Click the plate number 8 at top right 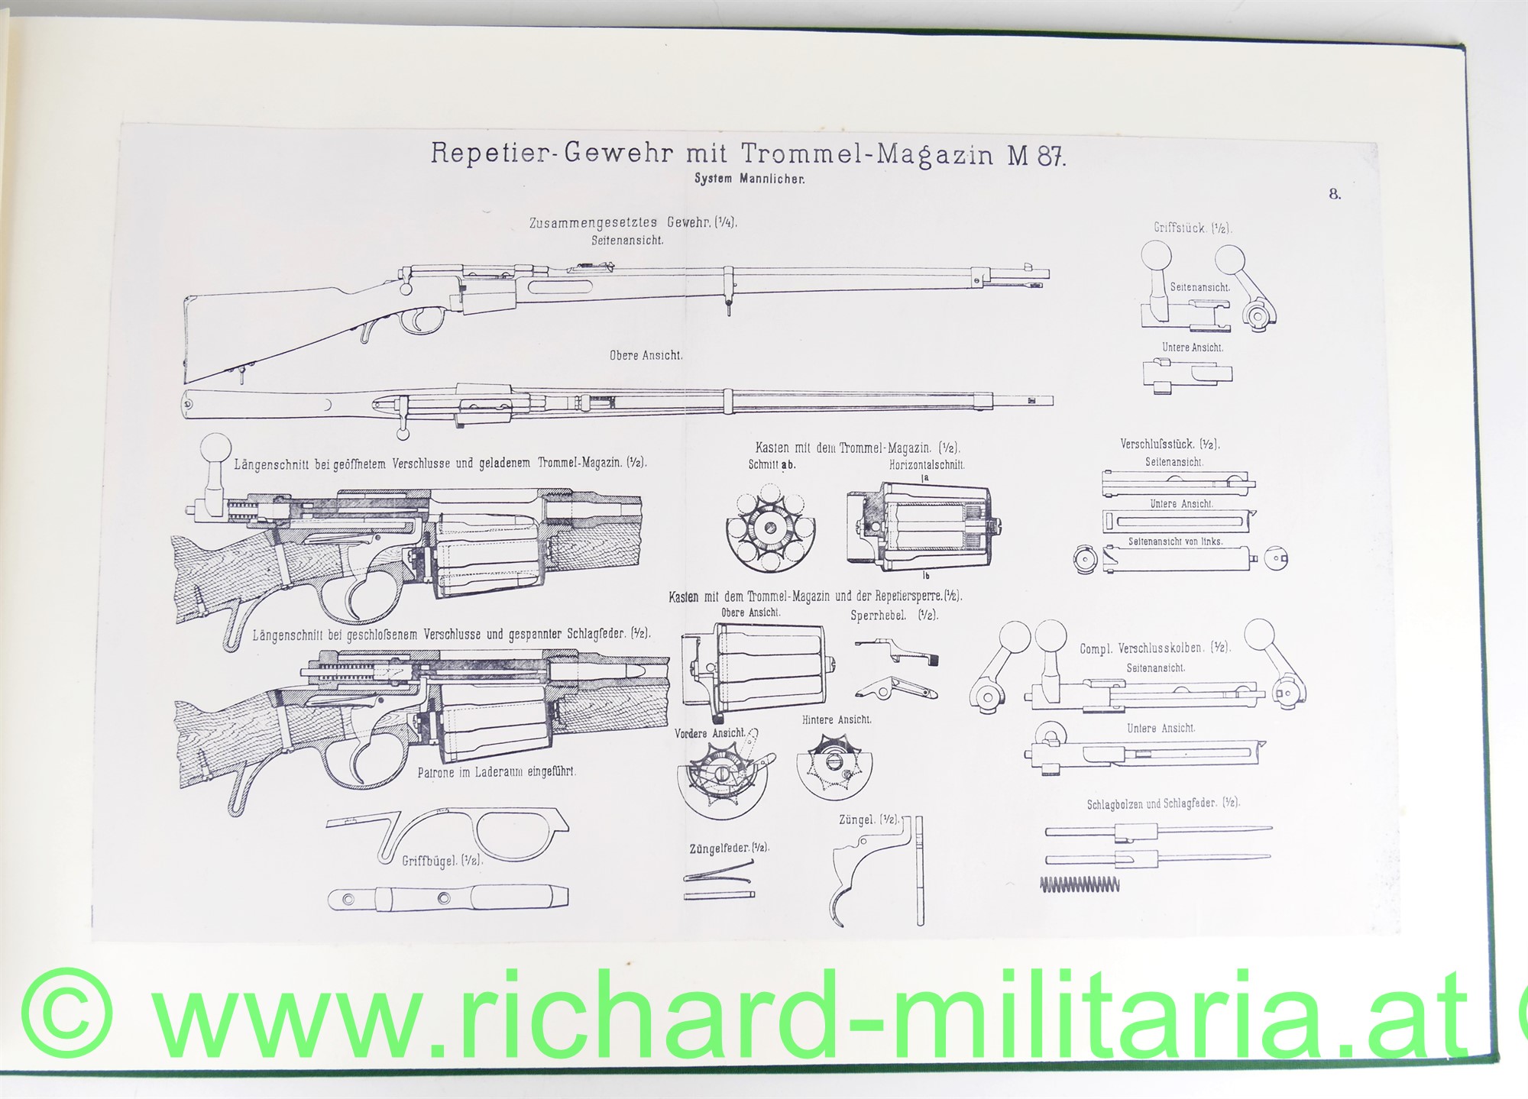point(1334,194)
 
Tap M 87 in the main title point(1035,155)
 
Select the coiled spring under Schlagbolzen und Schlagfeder point(1080,884)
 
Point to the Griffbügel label point(442,861)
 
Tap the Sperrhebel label point(894,616)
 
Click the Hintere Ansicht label point(837,719)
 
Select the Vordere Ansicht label point(709,733)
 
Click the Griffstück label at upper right point(1193,228)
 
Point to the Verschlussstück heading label point(1169,444)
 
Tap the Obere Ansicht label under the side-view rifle point(646,355)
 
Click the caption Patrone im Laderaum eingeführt point(497,772)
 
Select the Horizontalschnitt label point(927,464)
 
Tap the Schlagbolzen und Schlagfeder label point(1163,803)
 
